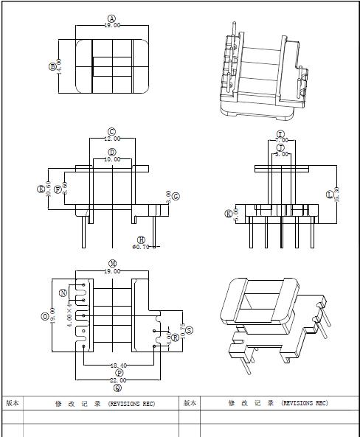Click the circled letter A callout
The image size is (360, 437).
(112, 18)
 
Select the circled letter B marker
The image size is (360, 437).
(52, 67)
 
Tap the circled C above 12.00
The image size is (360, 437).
(111, 132)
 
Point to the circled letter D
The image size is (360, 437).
(111, 153)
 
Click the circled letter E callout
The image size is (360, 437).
(41, 189)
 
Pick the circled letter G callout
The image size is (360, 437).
(175, 196)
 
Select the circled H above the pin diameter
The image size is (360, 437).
(142, 240)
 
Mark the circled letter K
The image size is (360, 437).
(229, 214)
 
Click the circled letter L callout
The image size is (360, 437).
(330, 195)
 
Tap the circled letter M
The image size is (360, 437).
(113, 263)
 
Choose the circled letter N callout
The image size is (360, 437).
(63, 293)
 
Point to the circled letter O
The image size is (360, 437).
(46, 317)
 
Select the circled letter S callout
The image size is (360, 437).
(190, 331)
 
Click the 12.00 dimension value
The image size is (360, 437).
(111, 139)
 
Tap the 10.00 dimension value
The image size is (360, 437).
(111, 159)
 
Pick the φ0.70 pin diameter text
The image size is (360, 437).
(140, 248)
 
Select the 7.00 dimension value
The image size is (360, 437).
(280, 141)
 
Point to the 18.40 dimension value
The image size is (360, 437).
(118, 366)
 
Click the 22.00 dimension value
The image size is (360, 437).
(118, 380)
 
